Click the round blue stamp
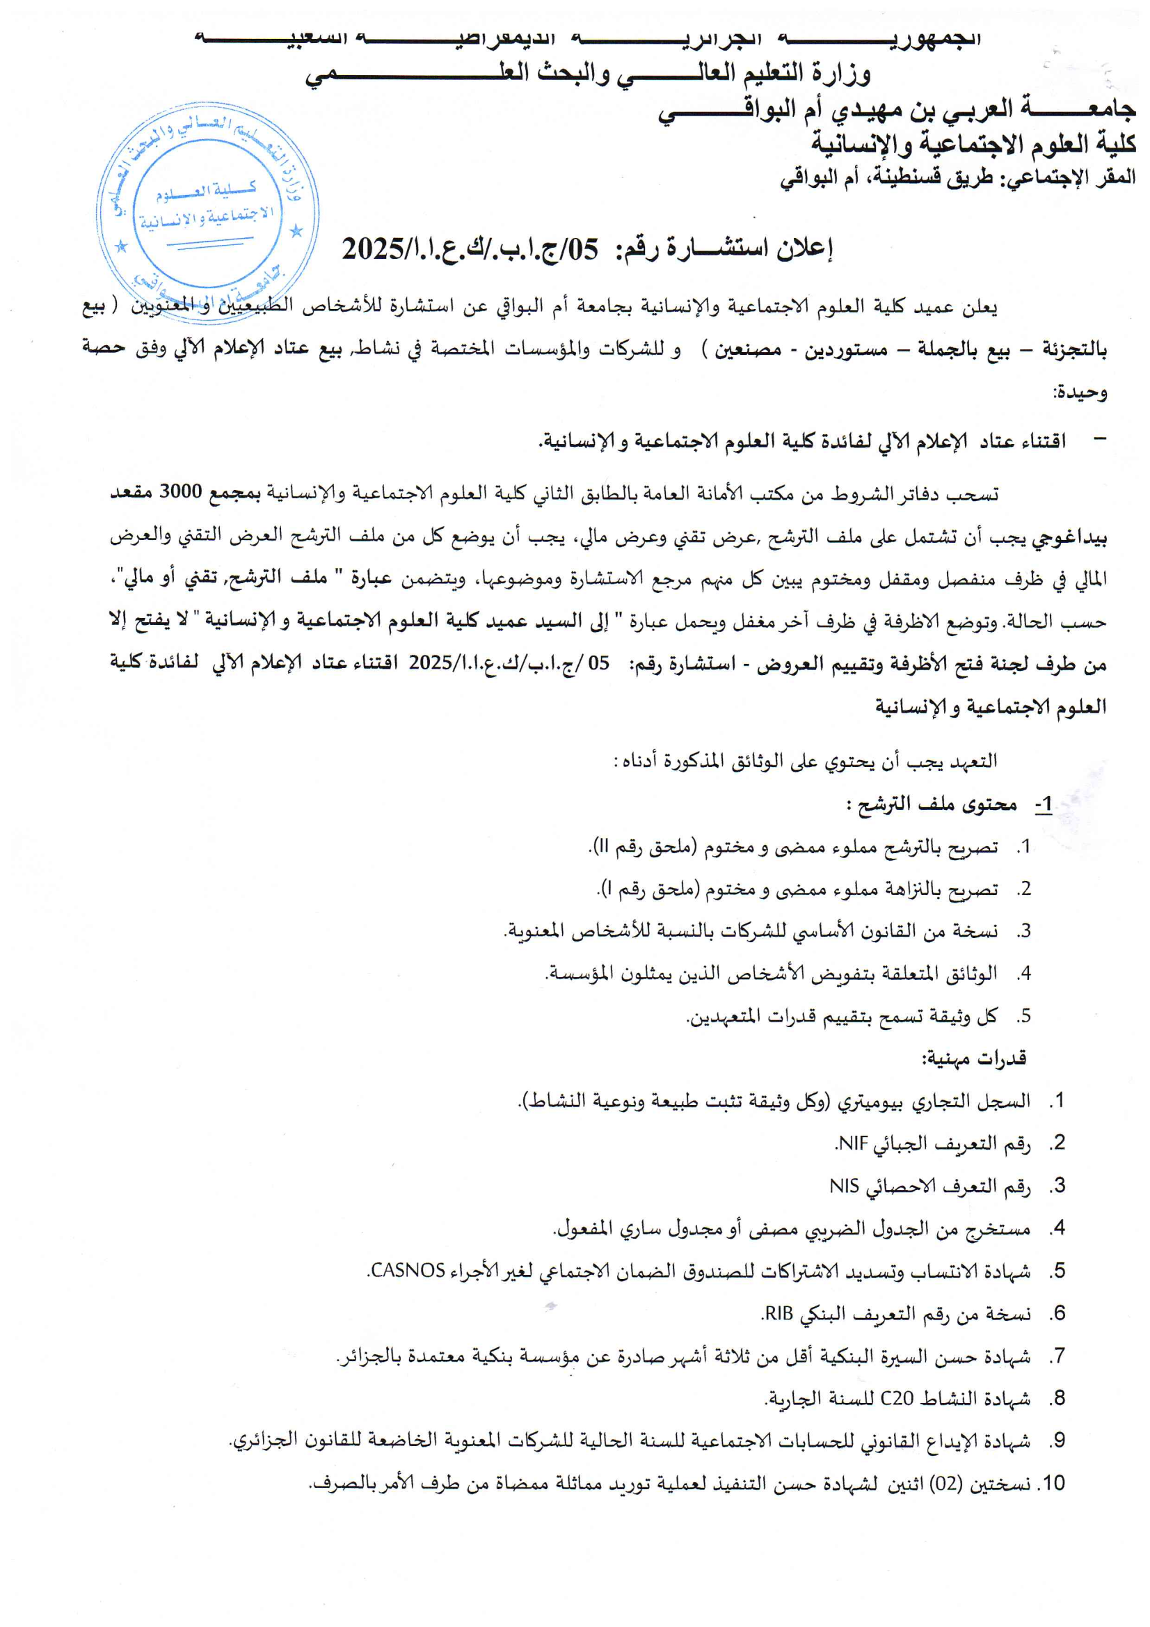pos(207,211)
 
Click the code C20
pos(896,1398)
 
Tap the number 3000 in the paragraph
pos(181,492)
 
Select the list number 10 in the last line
pos(1051,1484)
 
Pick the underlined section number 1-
pos(1043,805)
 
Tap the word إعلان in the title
pos(804,248)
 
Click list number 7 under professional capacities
pos(1058,1356)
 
